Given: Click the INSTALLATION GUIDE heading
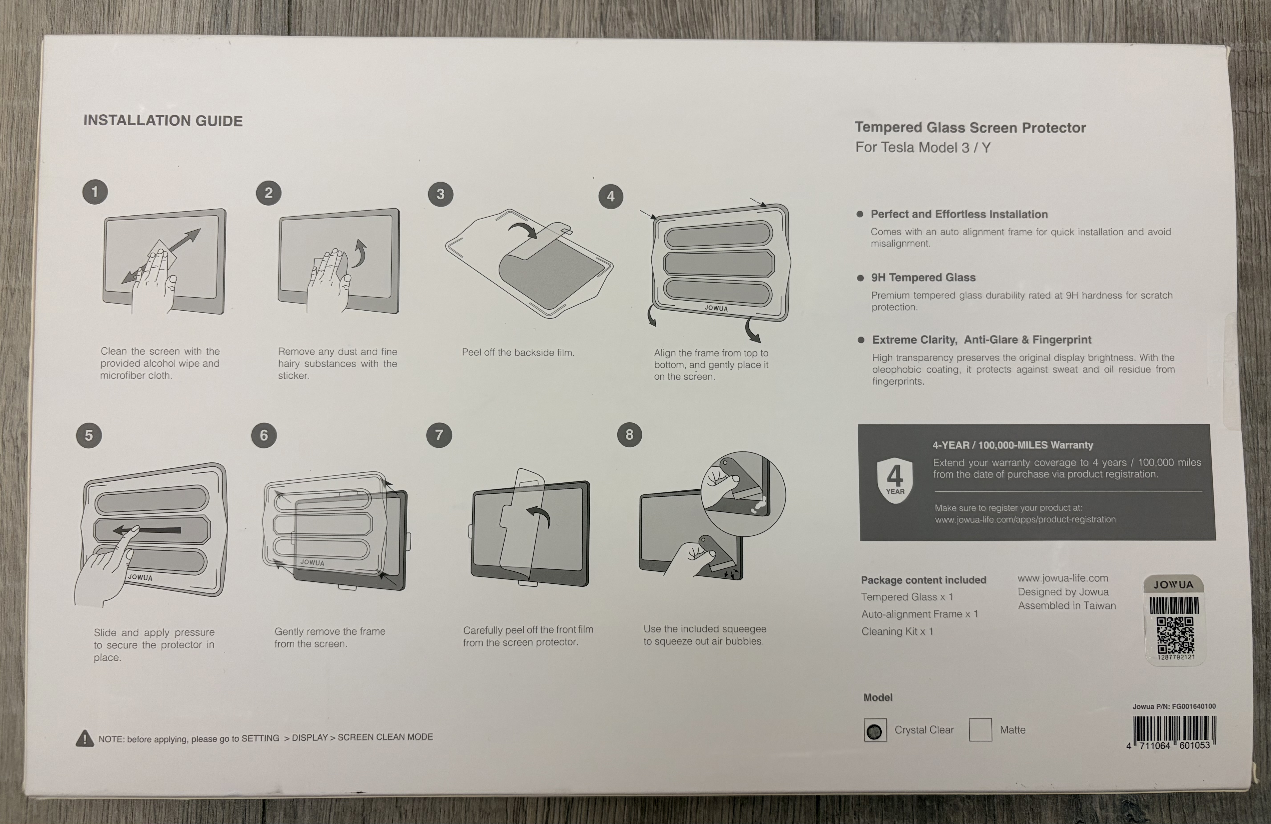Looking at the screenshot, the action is click(163, 121).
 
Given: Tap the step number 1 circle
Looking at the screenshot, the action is click(95, 192).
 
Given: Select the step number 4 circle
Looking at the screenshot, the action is click(611, 196).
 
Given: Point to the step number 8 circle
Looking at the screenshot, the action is click(630, 435).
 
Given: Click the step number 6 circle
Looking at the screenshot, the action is click(264, 435).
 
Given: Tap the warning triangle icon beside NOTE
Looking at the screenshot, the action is click(84, 739).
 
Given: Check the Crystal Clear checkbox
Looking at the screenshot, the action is click(875, 731).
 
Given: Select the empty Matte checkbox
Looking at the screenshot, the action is click(980, 729).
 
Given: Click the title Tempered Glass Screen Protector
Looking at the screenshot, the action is click(970, 128).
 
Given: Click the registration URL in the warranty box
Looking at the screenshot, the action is click(1025, 519).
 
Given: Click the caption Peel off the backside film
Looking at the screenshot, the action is click(518, 352).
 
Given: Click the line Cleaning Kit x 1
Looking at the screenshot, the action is click(897, 631).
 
